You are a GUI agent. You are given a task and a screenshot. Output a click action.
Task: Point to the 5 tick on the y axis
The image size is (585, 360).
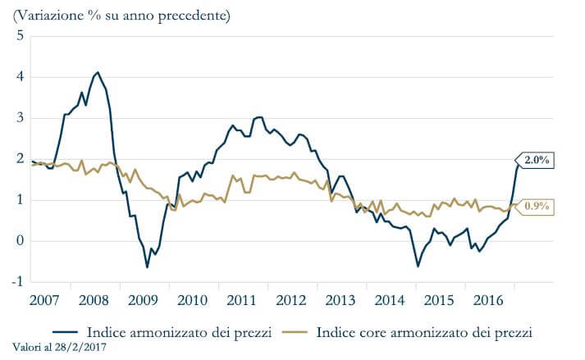(x=20, y=36)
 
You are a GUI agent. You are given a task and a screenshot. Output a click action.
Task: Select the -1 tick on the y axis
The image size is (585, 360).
(x=17, y=282)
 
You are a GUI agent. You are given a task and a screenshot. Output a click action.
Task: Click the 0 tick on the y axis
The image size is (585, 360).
(x=20, y=241)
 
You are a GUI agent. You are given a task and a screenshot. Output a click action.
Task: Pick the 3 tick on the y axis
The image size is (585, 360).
(x=20, y=118)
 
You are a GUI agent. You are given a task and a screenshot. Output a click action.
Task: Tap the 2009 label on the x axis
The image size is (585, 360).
(x=143, y=297)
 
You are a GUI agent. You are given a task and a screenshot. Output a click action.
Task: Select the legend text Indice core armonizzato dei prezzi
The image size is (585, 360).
(x=424, y=333)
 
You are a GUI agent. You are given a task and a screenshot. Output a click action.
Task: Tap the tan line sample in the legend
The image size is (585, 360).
(x=299, y=333)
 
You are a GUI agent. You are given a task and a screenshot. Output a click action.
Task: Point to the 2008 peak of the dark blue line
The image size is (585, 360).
(x=98, y=72)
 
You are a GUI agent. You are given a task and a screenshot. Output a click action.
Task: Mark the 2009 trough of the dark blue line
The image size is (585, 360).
(x=148, y=267)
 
